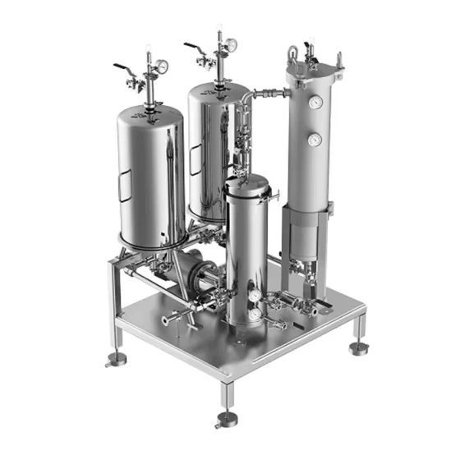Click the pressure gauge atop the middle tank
coord(232,44)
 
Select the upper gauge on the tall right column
coord(315,103)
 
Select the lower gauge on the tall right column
coord(313,140)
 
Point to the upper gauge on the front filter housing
coord(257,295)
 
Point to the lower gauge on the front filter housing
coord(255,313)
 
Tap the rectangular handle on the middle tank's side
coord(194,159)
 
